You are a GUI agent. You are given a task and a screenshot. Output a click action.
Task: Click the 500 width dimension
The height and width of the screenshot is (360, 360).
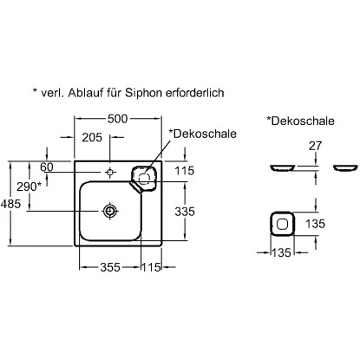[117, 119]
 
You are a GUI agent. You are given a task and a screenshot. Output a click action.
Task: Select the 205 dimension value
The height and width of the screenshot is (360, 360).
[92, 138]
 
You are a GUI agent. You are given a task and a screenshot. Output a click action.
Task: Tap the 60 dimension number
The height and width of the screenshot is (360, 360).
[47, 167]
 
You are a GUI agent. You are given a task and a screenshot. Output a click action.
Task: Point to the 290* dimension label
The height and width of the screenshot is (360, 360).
[29, 187]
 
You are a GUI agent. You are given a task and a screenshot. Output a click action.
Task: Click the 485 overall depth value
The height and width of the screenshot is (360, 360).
[11, 204]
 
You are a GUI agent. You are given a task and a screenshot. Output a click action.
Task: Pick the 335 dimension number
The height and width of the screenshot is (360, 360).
[185, 212]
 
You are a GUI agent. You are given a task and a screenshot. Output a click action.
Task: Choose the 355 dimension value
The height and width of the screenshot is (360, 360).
[110, 267]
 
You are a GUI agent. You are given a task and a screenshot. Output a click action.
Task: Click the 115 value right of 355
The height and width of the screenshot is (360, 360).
[151, 267]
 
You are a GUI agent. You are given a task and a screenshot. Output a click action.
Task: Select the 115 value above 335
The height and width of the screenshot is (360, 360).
[185, 171]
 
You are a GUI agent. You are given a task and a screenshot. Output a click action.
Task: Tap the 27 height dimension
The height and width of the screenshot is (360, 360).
[315, 146]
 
